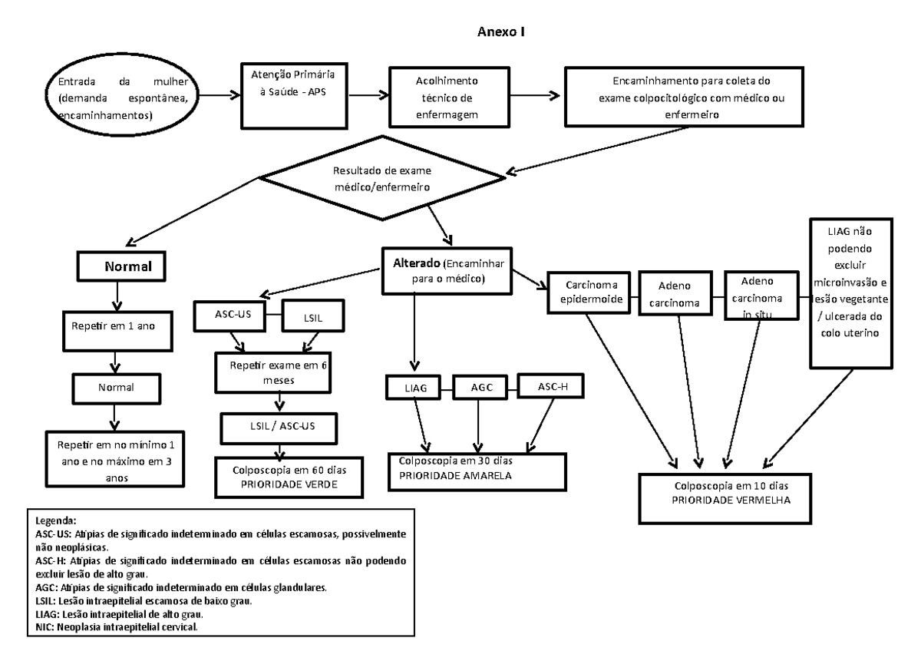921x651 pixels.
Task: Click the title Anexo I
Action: (500, 31)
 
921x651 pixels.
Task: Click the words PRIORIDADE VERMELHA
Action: (731, 500)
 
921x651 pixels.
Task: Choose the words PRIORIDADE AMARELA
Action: (455, 476)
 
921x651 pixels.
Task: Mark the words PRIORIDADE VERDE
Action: (289, 484)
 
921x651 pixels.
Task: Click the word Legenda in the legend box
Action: (56, 520)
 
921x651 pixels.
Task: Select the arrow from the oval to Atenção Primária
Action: (220, 95)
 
